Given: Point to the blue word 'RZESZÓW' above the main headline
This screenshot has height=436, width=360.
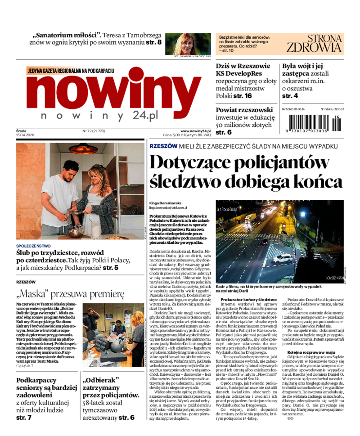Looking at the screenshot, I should pos(163,146).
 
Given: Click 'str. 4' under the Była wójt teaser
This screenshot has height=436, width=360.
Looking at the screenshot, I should pos(290,96).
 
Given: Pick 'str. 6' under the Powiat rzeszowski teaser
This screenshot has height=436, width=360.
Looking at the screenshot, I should pos(224,132).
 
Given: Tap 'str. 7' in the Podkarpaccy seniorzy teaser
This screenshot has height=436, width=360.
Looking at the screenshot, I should pos(24,418).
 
